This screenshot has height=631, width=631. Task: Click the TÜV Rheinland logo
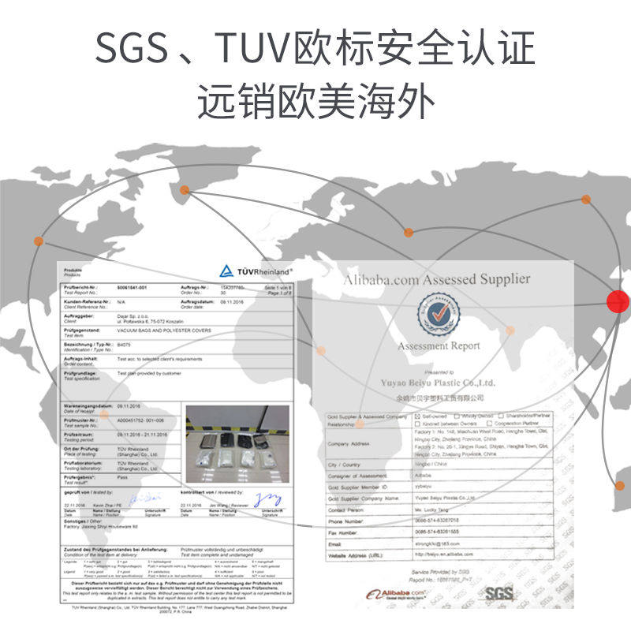pyautogui.click(x=256, y=270)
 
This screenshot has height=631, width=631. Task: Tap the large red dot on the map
pyautogui.click(x=619, y=301)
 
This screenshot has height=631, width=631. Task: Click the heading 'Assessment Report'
pyautogui.click(x=439, y=345)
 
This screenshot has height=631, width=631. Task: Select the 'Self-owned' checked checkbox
pyautogui.click(x=418, y=416)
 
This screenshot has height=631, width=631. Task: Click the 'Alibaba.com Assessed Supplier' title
pyautogui.click(x=436, y=279)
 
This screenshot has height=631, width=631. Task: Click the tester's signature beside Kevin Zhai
pyautogui.click(x=142, y=498)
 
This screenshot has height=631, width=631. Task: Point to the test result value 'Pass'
pyautogui.click(x=122, y=478)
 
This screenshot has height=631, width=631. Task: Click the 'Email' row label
pyautogui.click(x=336, y=543)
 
